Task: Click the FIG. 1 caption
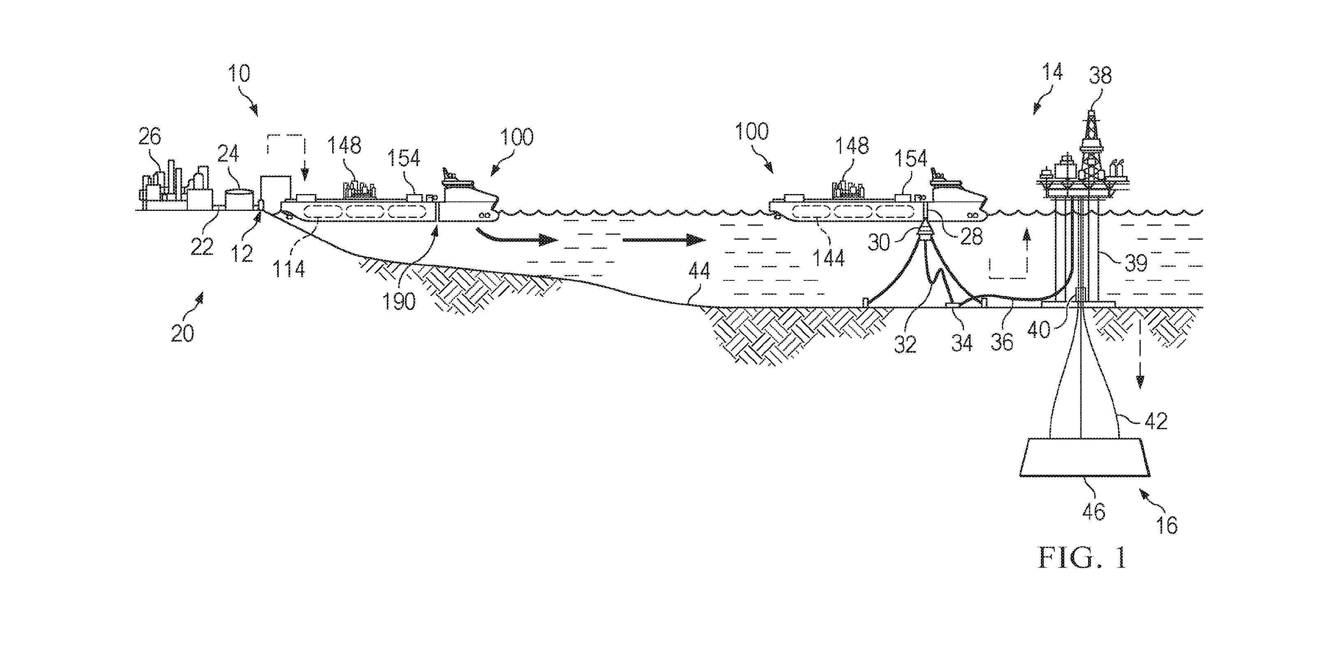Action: tap(1082, 557)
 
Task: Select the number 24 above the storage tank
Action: tap(228, 154)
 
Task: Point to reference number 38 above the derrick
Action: tap(1100, 76)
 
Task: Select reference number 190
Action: tap(399, 301)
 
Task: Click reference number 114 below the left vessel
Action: tap(288, 268)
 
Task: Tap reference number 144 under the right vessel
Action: tap(829, 258)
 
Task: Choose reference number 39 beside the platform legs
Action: tap(1136, 264)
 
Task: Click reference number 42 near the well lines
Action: tap(1155, 421)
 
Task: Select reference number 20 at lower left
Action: tap(183, 333)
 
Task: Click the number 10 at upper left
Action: tap(239, 74)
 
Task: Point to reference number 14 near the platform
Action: tap(1052, 72)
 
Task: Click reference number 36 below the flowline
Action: tap(1001, 342)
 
